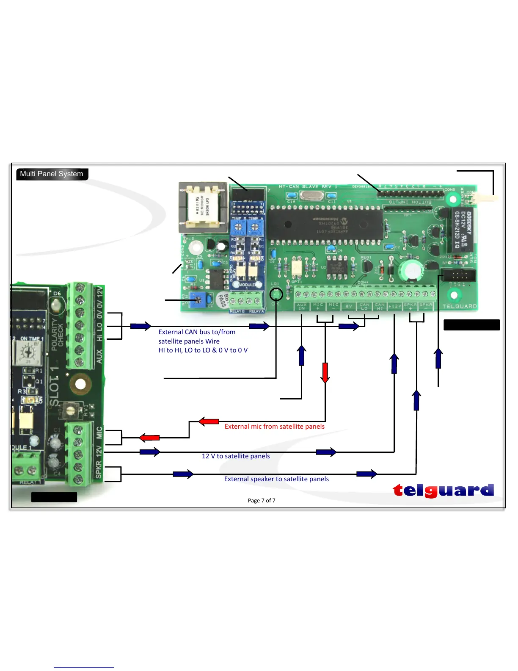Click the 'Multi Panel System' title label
52,174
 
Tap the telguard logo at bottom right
443,490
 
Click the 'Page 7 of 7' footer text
262,500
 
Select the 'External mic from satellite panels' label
274,427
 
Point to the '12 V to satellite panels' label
236,456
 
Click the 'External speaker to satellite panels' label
276,479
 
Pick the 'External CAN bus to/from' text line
197,332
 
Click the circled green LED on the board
276,294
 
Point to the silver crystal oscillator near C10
311,196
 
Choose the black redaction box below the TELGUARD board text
471,325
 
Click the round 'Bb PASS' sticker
223,299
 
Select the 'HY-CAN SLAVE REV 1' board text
308,187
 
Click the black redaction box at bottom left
54,497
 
